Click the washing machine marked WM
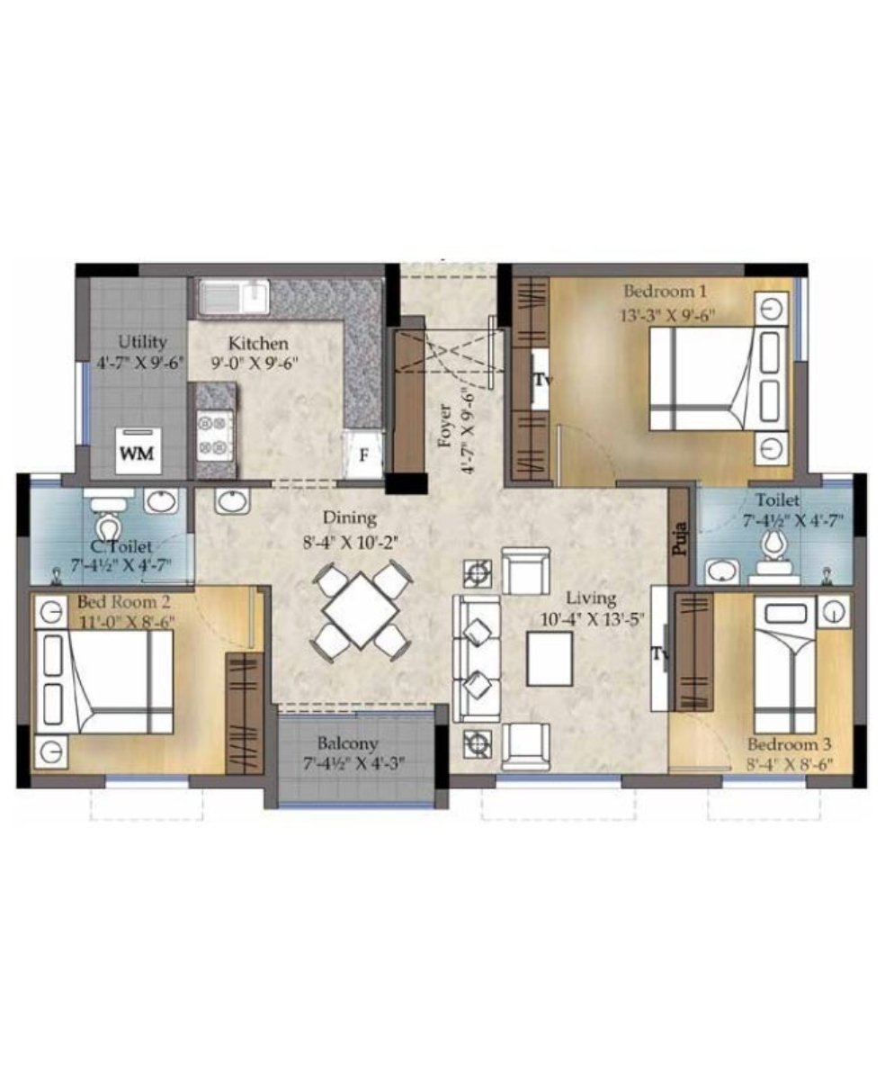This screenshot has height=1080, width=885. [x=139, y=451]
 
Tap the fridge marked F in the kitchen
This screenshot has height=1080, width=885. [x=363, y=454]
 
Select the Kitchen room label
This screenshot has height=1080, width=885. [x=258, y=343]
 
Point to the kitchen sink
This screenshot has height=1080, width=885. [x=234, y=297]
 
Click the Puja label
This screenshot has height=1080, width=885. [x=680, y=537]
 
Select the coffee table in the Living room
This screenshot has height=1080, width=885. [x=550, y=658]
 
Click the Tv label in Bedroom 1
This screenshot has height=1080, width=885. [x=542, y=380]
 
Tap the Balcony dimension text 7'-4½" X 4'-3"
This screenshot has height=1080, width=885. [x=354, y=764]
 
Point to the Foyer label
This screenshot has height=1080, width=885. [x=446, y=425]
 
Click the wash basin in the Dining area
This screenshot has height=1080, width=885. [x=233, y=500]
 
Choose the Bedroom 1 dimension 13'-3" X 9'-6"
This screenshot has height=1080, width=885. [x=667, y=315]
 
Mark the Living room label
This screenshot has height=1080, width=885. [x=591, y=598]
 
